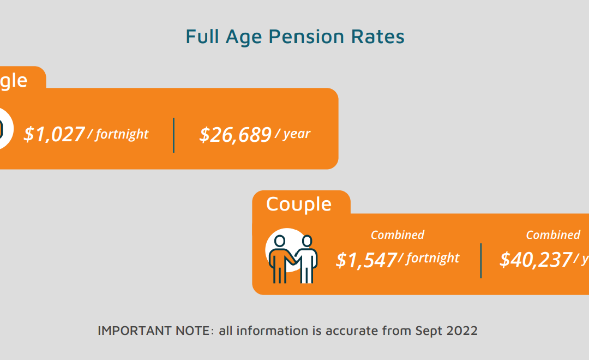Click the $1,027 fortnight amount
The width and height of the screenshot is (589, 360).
coord(54,134)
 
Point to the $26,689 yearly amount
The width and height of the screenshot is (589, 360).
coord(235,135)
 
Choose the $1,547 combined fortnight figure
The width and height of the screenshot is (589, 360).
coord(366,260)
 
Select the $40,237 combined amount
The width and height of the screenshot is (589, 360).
coord(536,260)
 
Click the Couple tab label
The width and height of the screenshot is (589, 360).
coord(299,204)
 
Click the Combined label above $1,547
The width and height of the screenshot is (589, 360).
coord(397,235)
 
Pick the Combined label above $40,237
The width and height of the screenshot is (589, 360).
coord(552,235)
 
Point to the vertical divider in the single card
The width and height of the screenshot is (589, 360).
coord(174,135)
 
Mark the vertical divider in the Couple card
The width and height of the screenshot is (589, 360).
coord(481,260)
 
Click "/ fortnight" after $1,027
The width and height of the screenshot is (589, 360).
coord(118,134)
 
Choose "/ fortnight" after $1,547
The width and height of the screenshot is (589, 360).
coord(429,258)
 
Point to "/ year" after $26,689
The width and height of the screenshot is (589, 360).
coord(293,134)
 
